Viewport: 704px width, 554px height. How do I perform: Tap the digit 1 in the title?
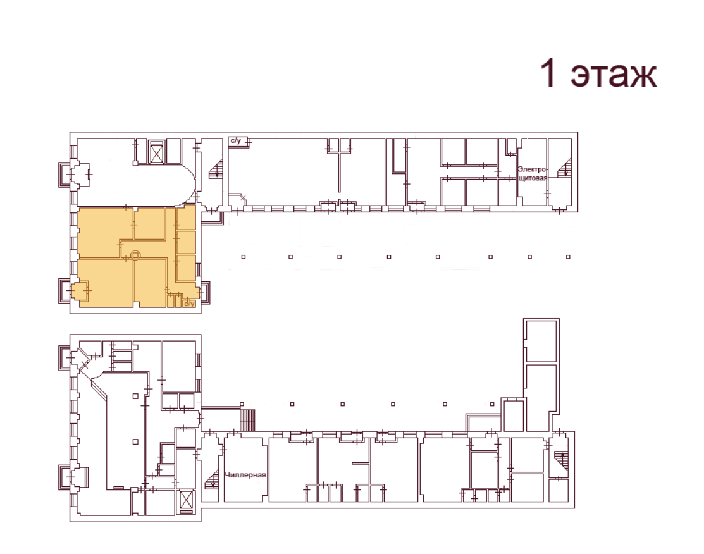pos(548,72)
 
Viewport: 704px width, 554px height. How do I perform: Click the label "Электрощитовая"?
pos(533,174)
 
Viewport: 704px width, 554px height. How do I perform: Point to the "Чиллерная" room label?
pos(245,475)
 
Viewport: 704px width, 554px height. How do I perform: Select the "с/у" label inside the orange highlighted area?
pos(190,304)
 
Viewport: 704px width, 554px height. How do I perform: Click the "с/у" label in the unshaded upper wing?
pos(236,141)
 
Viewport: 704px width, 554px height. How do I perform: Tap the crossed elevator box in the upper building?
pos(157,153)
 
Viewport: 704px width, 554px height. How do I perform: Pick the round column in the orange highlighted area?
pos(135,255)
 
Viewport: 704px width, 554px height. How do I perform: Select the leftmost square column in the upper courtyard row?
pos(244,257)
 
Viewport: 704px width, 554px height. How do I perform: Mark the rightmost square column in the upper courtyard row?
pos(569,257)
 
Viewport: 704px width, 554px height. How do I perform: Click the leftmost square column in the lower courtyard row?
pos(242,404)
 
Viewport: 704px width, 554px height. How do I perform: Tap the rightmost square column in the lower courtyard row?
pos(492,404)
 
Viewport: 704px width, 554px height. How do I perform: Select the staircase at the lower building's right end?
pos(561,462)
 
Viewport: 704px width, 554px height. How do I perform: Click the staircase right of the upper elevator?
pos(216,168)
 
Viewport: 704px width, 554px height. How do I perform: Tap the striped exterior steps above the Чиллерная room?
pos(247,420)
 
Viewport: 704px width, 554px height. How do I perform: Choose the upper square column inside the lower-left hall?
pos(135,396)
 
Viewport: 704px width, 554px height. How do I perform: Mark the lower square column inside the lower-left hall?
pos(135,442)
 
